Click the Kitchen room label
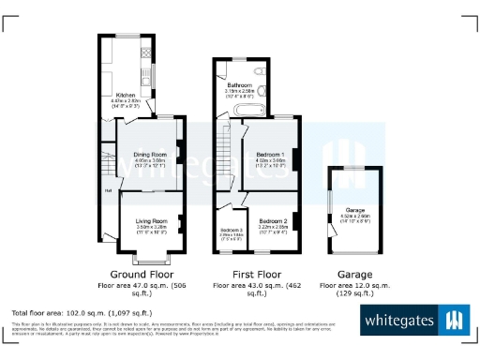(126, 96)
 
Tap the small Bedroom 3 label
(231, 231)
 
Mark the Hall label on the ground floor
(108, 191)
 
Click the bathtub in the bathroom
(233, 111)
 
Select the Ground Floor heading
(144, 274)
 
